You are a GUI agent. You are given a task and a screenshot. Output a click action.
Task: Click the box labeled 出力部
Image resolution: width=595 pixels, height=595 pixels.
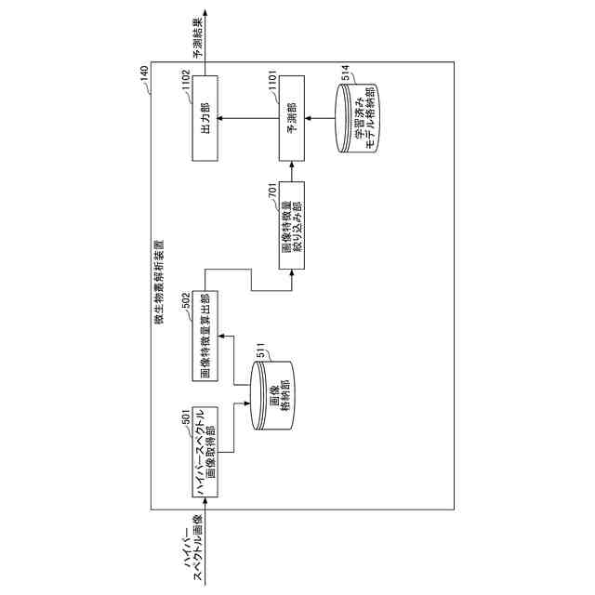[x=205, y=118]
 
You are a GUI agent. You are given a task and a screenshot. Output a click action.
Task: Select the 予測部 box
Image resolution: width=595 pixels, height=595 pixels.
[x=290, y=118]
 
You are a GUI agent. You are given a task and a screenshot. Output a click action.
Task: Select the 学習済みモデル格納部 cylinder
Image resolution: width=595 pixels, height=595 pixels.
[x=362, y=118]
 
